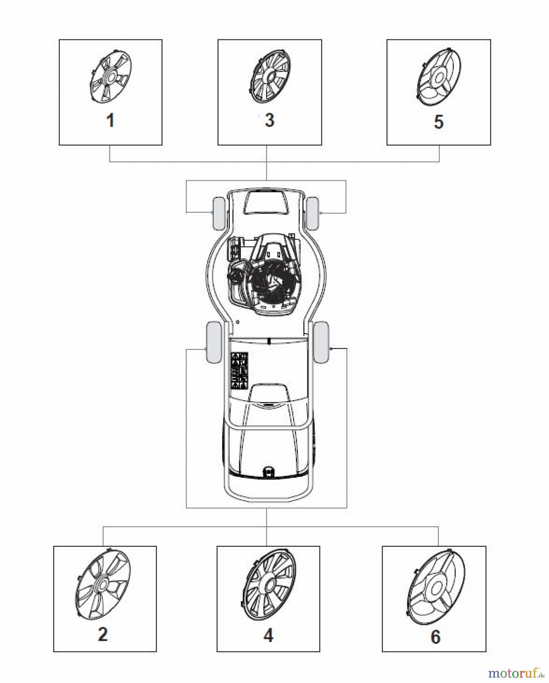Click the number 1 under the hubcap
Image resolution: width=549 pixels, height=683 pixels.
point(110,121)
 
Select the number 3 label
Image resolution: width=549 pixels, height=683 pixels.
point(269,120)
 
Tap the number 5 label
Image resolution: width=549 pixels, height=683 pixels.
point(438,122)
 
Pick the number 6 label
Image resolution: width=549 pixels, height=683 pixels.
point(435,636)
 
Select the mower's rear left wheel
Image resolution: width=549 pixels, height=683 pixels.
point(214,341)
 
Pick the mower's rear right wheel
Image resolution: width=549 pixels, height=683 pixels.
point(321,341)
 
